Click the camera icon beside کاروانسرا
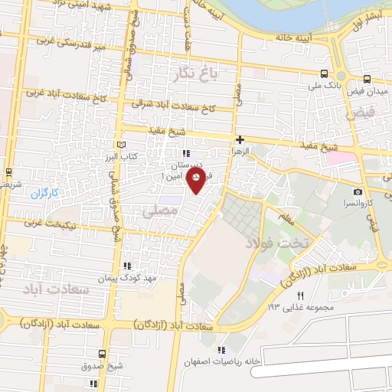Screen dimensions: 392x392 pos(358,191)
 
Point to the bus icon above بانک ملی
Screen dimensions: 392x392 pos(325,74)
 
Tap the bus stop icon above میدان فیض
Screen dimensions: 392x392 pos(367,78)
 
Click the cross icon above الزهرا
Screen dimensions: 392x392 pos(240,139)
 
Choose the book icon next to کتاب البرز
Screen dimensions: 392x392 pos(119,144)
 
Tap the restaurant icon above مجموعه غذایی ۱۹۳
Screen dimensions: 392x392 pos(300,296)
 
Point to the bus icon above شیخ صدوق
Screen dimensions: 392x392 pos(103,354)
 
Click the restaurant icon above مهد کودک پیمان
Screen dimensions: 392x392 pos(126,265)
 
